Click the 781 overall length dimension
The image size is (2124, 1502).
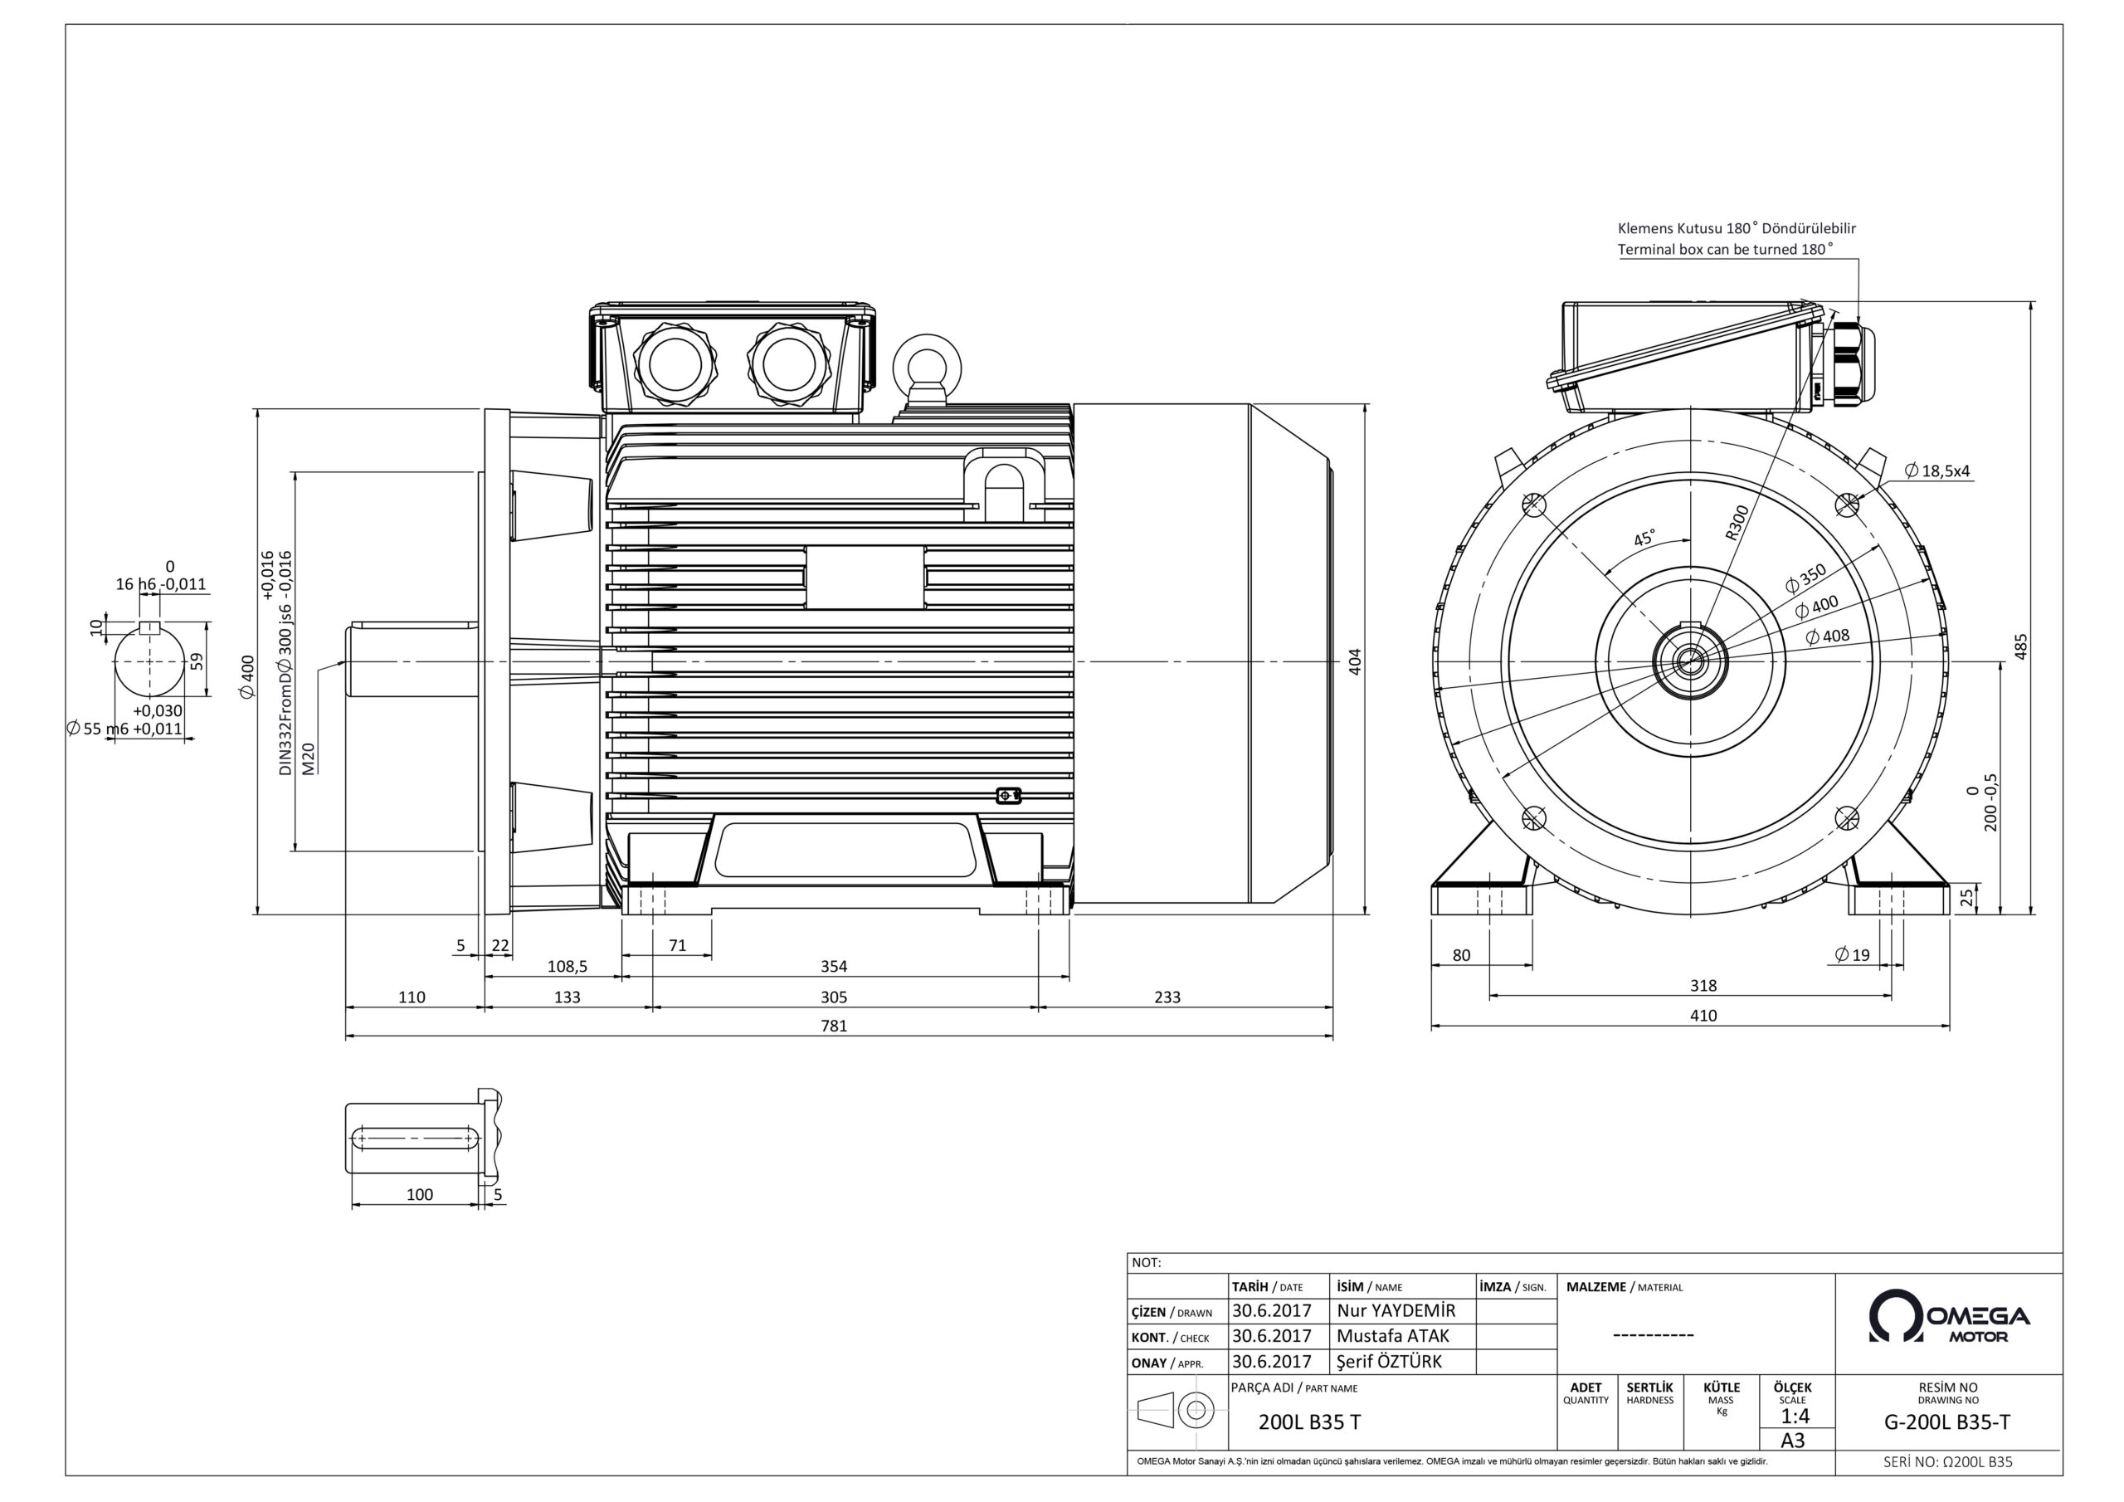834,1026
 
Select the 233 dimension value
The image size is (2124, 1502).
1167,997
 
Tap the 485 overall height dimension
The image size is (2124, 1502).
2021,646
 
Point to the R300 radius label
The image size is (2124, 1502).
1737,522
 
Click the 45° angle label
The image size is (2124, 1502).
1644,539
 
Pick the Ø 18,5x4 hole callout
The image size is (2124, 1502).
1936,471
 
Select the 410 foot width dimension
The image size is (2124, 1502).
1703,1015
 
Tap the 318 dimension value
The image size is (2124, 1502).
1703,986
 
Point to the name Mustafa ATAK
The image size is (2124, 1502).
1393,1335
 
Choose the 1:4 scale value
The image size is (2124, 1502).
1795,1416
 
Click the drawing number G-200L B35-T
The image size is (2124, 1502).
1947,1423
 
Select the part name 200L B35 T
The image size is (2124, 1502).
1309,1422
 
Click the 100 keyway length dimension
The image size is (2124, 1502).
419,1194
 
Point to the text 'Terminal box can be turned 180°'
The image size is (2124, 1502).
1723,249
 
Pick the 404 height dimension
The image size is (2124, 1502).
1355,661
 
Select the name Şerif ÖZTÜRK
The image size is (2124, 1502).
1390,1361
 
